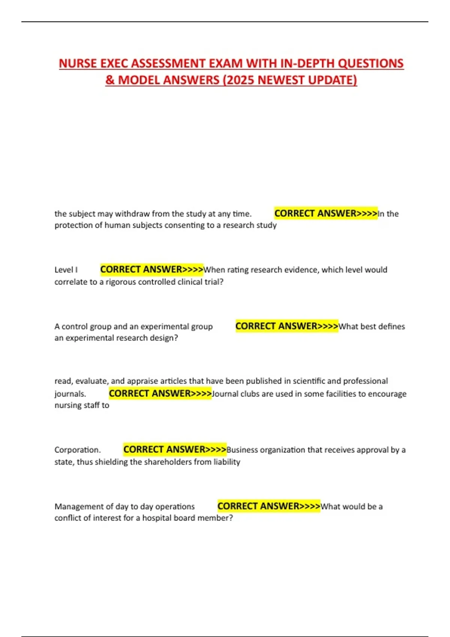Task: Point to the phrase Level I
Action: coord(66,270)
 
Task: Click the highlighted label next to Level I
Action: coord(151,269)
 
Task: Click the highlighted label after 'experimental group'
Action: coord(287,326)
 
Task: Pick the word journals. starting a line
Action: coord(70,394)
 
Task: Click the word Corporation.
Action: coord(77,450)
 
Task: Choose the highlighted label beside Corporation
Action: coord(175,449)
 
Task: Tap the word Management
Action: coord(78,507)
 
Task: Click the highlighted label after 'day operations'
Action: coord(269,506)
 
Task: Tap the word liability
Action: coord(226,462)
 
